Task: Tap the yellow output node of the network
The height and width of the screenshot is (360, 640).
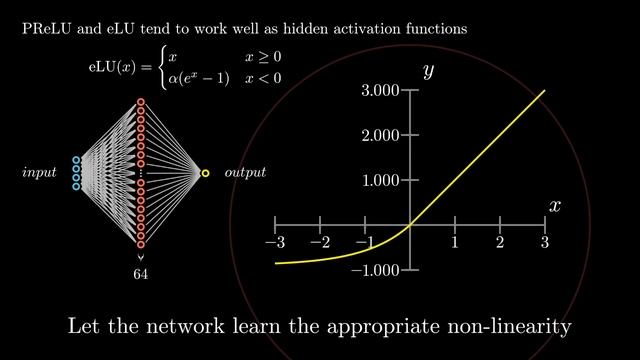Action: coord(205,174)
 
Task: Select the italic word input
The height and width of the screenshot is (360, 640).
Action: coord(41,173)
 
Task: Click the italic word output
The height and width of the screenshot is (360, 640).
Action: coord(245,173)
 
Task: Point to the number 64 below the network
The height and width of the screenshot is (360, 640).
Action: coord(141,273)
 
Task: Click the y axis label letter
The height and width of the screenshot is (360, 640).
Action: coord(427,71)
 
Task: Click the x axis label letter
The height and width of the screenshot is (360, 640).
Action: coord(555,205)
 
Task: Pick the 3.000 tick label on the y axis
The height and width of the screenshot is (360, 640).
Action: coord(380,91)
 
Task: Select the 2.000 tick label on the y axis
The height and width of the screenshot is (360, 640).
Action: coord(380,135)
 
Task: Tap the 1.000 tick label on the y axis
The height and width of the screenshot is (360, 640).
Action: coord(380,180)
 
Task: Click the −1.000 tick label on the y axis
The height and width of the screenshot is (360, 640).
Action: coord(375,270)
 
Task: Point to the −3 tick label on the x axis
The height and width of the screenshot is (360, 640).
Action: coord(275,243)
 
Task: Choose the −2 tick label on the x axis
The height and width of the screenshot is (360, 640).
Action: coord(320,243)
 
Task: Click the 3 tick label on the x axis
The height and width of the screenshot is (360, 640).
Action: coord(545,243)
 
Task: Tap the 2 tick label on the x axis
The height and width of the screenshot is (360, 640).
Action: coord(500,243)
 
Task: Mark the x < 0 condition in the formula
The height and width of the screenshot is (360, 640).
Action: coord(264,77)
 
